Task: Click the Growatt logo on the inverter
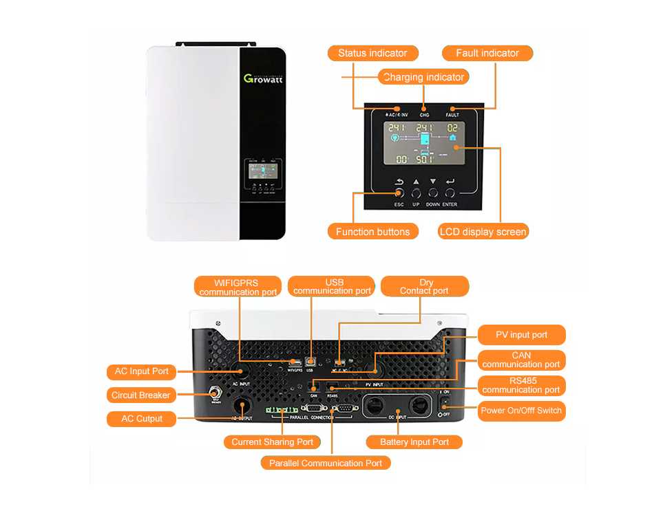tap(263, 78)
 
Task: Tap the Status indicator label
tap(372, 53)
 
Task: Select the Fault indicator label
tap(487, 53)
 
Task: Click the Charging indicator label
tap(423, 77)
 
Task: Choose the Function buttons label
tap(372, 232)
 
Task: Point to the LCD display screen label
tap(483, 232)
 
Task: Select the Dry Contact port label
tap(425, 287)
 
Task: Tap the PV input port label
tap(521, 335)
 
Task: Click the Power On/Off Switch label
tap(521, 411)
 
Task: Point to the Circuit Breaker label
tap(140, 395)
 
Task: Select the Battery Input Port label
tap(414, 442)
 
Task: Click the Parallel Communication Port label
tap(326, 463)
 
